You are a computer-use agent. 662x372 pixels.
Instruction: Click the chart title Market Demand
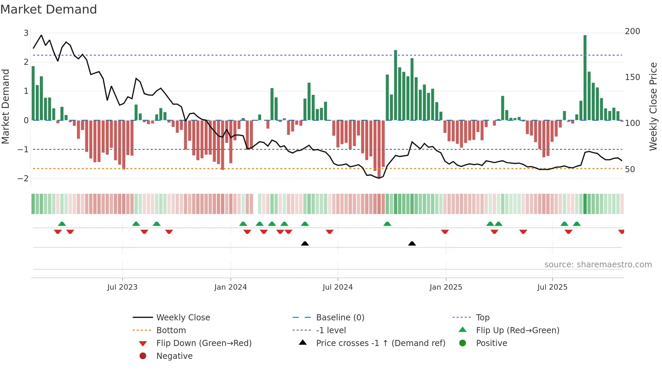point(49,9)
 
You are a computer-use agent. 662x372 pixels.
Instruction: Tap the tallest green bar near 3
point(585,78)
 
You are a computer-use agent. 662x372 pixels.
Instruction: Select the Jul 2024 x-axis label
point(337,287)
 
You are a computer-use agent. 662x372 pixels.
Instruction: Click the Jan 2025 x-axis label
point(445,287)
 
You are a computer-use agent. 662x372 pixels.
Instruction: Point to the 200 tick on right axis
point(632,31)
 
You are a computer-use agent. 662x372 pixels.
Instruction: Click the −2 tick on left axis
point(23,178)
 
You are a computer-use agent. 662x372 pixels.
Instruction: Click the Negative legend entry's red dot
point(143,356)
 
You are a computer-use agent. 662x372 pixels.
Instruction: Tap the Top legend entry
point(482,317)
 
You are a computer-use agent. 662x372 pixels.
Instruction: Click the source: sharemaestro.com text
point(598,265)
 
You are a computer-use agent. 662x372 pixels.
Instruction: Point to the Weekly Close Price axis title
point(653,106)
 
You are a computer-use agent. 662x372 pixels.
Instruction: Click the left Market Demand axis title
point(5,106)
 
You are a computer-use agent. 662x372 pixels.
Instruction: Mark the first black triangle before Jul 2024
point(305,243)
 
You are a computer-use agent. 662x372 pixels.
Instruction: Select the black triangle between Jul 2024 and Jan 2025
point(412,243)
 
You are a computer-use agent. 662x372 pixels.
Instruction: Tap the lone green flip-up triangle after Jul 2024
point(387,224)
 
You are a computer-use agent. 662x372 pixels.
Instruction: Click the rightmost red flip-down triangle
point(621,232)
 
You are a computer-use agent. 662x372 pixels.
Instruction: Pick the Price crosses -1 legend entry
point(380,343)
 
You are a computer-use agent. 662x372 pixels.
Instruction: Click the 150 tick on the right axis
point(632,77)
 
